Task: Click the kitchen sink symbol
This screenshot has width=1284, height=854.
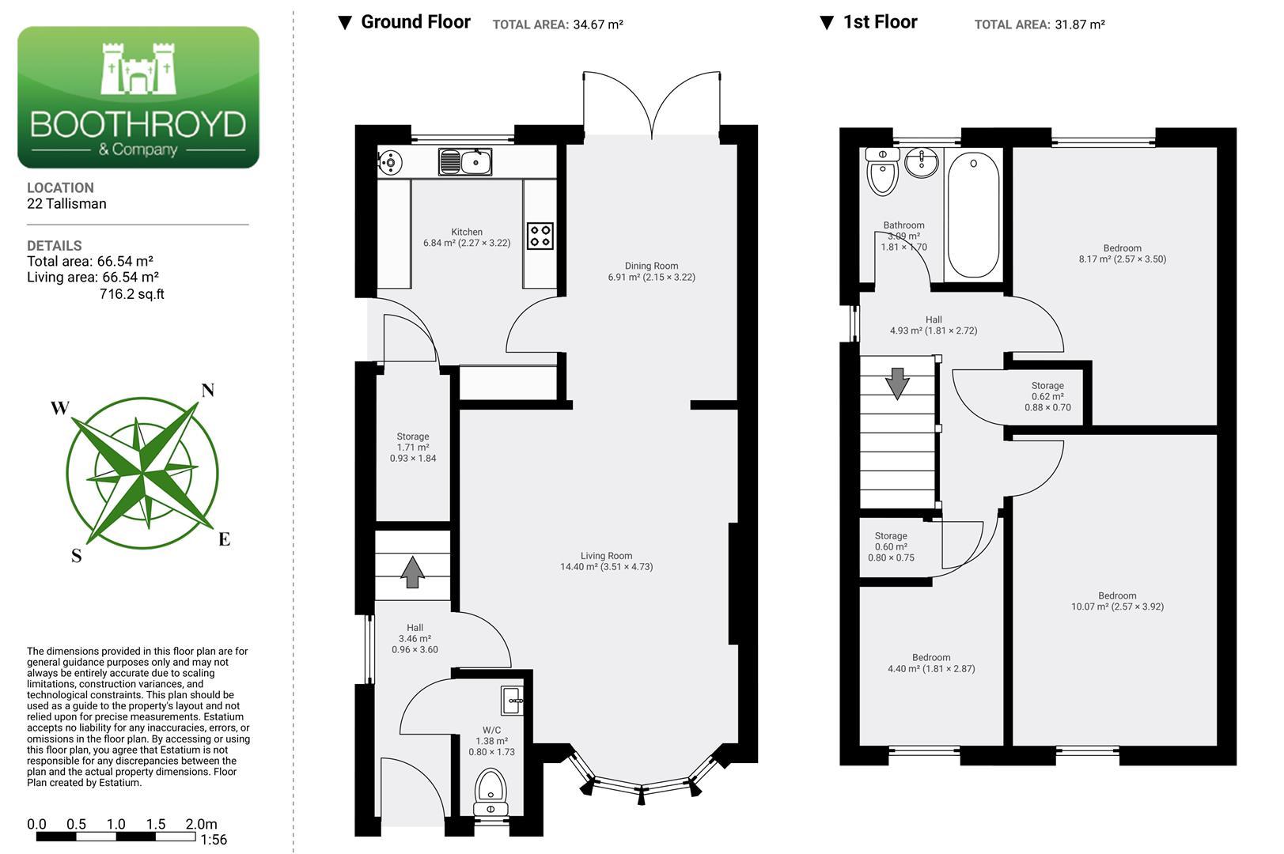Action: point(465,161)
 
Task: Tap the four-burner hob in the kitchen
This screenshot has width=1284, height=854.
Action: point(540,236)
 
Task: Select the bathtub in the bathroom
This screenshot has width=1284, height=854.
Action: point(973,215)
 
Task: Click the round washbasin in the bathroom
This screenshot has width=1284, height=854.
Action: point(922,162)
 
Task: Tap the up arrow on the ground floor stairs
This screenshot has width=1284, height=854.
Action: point(412,572)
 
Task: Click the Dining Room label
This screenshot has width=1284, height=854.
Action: point(652,271)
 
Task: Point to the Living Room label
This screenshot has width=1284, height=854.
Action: point(607,561)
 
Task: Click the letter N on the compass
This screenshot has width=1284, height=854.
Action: point(207,391)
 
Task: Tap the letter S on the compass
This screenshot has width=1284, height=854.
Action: point(76,556)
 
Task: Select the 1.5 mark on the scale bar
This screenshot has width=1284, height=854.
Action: point(155,824)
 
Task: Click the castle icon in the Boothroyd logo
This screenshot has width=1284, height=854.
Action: point(138,69)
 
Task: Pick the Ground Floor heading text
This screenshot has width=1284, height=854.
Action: point(415,22)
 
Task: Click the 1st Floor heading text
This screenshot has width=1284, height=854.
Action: point(880,22)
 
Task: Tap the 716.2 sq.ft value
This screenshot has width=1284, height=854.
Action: point(132,294)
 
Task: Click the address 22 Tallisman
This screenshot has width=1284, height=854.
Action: point(66,204)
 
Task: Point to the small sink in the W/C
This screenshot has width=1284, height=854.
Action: point(512,701)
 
